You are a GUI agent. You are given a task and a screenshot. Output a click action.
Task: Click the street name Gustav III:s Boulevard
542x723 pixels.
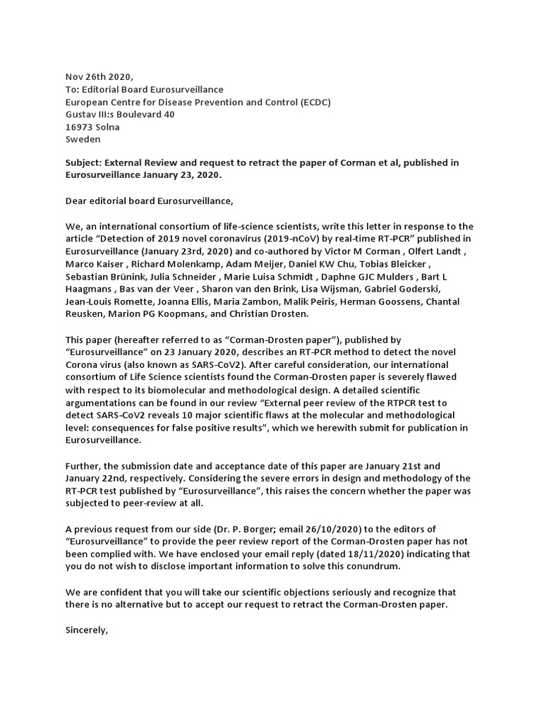click(x=112, y=114)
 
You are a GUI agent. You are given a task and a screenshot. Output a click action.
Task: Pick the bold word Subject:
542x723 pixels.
click(x=86, y=163)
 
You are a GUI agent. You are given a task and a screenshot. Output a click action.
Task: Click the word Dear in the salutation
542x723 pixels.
click(x=78, y=201)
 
